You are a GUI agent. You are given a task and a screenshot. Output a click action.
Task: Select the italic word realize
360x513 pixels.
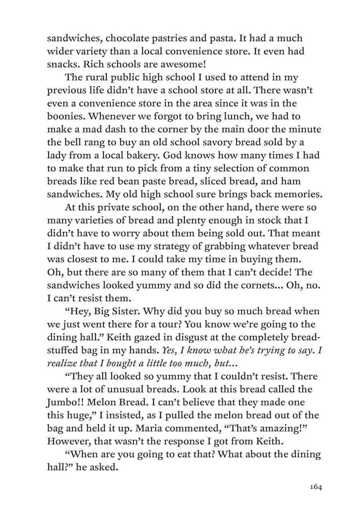coord(63,363)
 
